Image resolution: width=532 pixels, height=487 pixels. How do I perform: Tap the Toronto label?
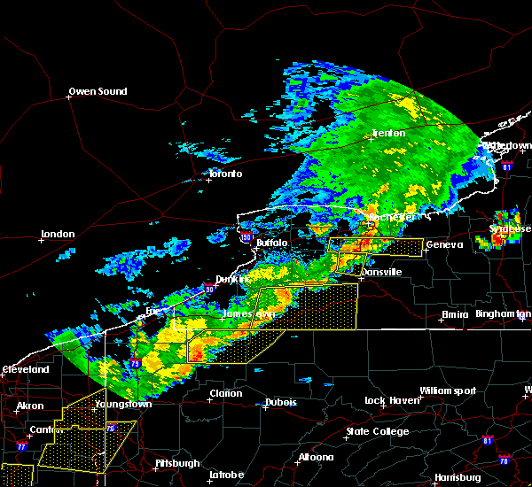tap(225, 174)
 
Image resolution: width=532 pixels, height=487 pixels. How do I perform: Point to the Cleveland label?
tap(25, 369)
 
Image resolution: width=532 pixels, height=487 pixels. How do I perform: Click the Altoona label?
tap(316, 457)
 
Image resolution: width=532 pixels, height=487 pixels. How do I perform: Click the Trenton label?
tap(388, 134)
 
